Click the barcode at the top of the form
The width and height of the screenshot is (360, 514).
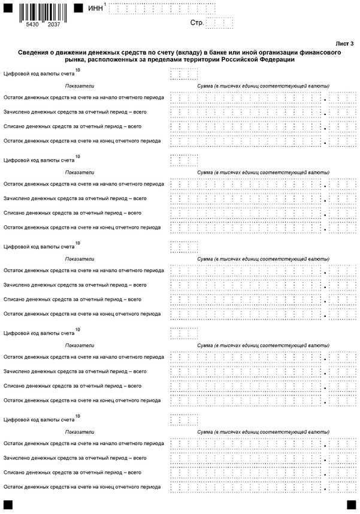[x=40, y=10]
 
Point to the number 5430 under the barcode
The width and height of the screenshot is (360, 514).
[x=31, y=26]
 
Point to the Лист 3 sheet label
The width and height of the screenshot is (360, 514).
[x=344, y=44]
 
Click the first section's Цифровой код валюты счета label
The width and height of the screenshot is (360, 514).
[x=39, y=74]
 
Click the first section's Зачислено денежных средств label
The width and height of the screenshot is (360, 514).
[x=75, y=112]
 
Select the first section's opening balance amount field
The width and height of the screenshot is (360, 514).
[x=246, y=98]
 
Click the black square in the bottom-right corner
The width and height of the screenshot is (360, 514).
[x=351, y=505]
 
